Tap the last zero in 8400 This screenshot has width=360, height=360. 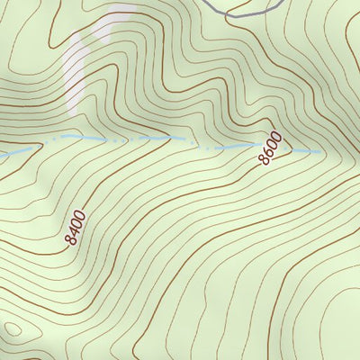82,216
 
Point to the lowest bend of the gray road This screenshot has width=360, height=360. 236,15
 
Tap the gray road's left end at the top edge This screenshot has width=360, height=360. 205,2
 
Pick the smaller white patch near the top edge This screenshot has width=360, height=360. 118,11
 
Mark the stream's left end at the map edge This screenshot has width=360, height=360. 2,156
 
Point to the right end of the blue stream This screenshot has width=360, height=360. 322,152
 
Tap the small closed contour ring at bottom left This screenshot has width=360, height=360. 11,328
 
